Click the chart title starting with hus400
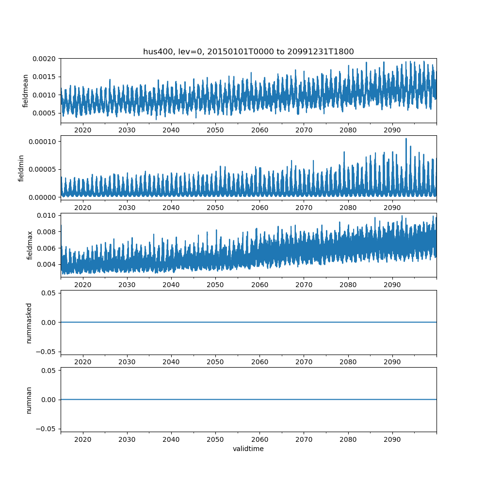click(x=248, y=51)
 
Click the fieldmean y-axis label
click(x=25, y=91)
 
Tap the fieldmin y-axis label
click(x=21, y=168)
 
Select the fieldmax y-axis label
click(x=30, y=245)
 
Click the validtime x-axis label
click(x=248, y=449)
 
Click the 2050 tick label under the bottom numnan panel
click(x=215, y=439)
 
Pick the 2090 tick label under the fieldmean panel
click(x=392, y=130)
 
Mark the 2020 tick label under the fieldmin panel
click(x=83, y=207)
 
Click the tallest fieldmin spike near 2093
click(x=406, y=139)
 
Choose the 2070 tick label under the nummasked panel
click(x=304, y=362)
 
